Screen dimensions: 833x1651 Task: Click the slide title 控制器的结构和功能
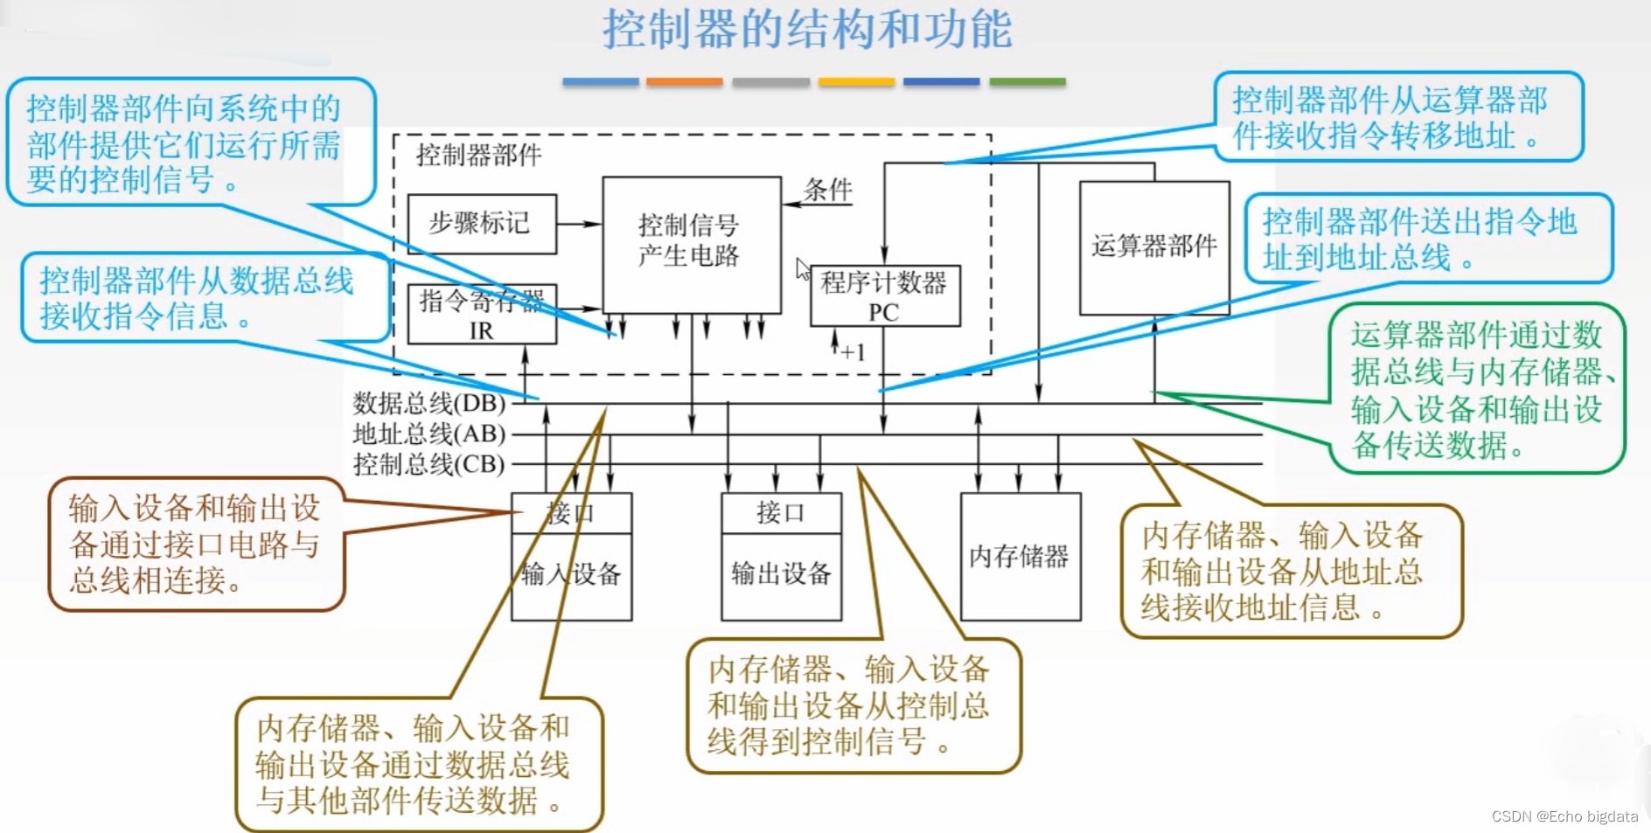coord(806,30)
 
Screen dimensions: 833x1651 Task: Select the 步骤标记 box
coord(481,224)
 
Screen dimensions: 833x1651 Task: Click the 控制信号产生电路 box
coord(691,241)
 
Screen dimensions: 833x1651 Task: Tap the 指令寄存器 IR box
coord(481,315)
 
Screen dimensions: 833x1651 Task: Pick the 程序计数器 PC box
coord(884,296)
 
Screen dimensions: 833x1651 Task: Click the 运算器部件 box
coord(1154,247)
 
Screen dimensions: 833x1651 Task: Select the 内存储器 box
coord(1020,557)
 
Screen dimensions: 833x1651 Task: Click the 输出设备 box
coord(781,574)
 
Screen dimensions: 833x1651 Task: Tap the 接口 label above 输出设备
coord(780,513)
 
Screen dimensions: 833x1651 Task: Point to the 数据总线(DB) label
coord(429,404)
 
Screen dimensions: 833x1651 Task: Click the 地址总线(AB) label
coord(429,434)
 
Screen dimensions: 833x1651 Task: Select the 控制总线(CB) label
coord(429,464)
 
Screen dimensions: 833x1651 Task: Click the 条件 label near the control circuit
coord(827,190)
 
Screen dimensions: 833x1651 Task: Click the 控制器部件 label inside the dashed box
coord(478,156)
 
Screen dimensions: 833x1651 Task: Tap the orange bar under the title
coord(684,82)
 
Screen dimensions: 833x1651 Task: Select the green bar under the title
coord(1028,82)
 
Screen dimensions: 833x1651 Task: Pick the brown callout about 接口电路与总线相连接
coord(196,544)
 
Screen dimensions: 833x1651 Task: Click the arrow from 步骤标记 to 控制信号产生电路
coord(579,225)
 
